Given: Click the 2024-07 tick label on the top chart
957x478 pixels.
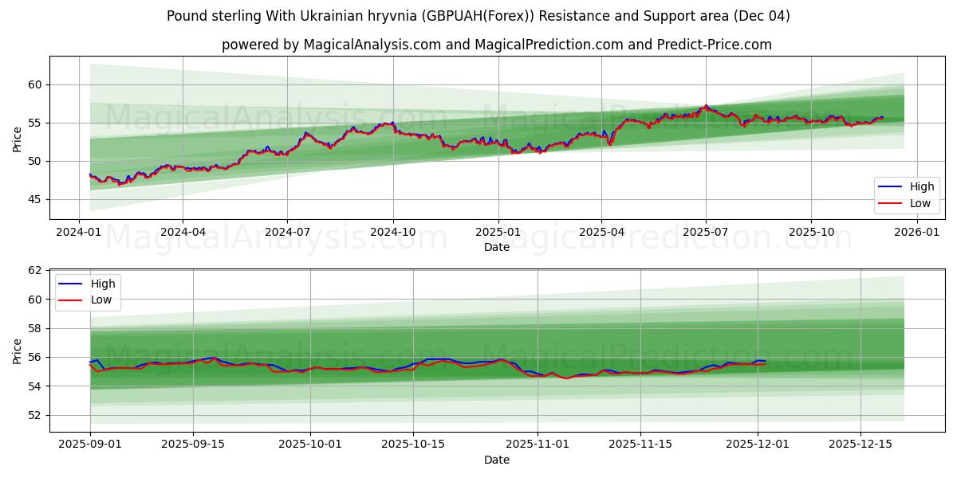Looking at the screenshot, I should [287, 232].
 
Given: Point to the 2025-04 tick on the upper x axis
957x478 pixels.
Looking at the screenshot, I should [601, 232].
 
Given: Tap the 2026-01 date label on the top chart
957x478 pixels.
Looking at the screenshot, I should [917, 232].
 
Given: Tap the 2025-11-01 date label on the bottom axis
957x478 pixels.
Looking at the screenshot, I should [538, 444].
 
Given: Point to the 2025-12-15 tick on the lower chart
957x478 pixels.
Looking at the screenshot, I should [860, 444].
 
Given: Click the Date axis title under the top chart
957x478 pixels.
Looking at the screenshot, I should [497, 247].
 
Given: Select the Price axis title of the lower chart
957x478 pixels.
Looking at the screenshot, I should [18, 351].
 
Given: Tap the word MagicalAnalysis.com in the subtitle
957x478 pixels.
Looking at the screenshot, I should [372, 45].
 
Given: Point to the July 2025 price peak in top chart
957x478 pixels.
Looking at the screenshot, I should [705, 106].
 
